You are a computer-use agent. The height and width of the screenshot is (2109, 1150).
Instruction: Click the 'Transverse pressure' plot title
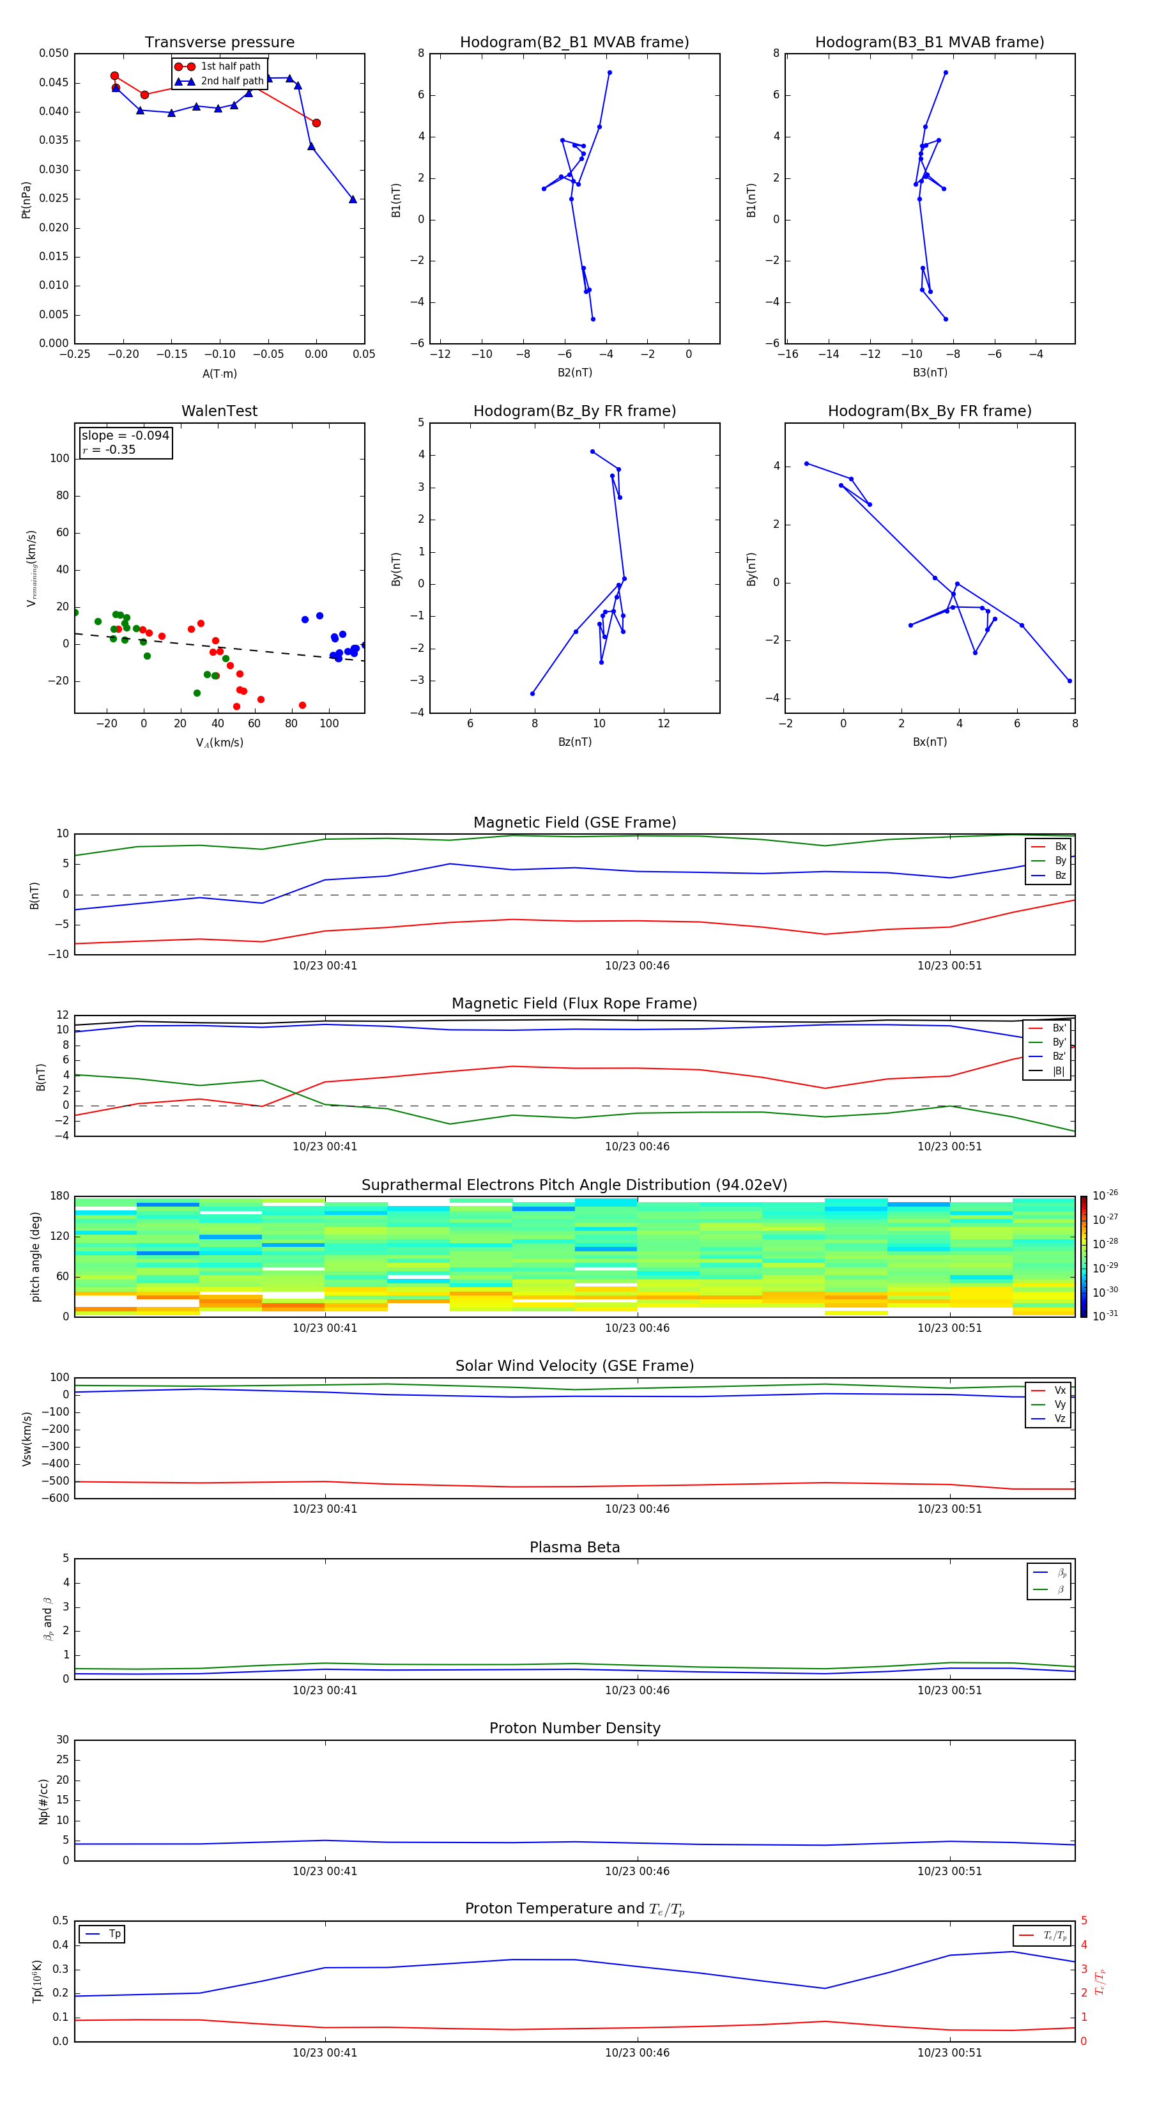[x=219, y=43]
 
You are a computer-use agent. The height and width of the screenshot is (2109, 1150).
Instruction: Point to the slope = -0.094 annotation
[x=125, y=436]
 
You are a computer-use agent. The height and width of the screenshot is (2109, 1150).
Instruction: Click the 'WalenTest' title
[x=219, y=411]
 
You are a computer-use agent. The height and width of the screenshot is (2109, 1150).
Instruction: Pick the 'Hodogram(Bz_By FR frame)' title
[x=574, y=411]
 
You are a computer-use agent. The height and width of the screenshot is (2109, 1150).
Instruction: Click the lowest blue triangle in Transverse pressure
[x=353, y=199]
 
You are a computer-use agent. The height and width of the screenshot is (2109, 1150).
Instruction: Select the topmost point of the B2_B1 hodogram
[x=609, y=73]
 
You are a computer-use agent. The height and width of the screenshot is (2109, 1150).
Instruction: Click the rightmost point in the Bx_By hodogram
[x=1069, y=681]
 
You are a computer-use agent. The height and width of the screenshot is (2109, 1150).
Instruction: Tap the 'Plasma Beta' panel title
[x=574, y=1547]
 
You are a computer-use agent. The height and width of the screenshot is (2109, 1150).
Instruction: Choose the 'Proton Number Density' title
[x=574, y=1728]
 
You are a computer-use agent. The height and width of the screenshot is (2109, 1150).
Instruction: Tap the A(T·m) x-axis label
[x=219, y=374]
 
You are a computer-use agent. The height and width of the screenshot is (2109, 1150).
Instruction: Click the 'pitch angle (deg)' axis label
[x=35, y=1256]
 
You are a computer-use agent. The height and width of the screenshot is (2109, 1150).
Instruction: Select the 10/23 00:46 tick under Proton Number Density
[x=637, y=1871]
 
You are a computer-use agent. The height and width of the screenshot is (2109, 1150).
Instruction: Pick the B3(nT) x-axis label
[x=930, y=373]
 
